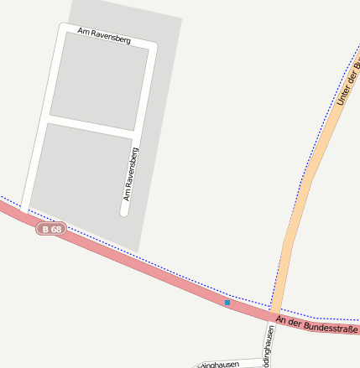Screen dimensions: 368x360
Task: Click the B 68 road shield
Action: pyautogui.click(x=51, y=229)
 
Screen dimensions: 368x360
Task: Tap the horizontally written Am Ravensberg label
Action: pyautogui.click(x=104, y=35)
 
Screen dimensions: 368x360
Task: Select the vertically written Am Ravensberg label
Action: pyautogui.click(x=130, y=174)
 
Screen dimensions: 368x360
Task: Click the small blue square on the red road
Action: pyautogui.click(x=227, y=302)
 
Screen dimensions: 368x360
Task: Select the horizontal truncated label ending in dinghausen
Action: pyautogui.click(x=220, y=365)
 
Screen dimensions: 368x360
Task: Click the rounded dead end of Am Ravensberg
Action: pyautogui.click(x=124, y=212)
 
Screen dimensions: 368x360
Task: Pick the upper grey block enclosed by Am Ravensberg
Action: pyautogui.click(x=100, y=81)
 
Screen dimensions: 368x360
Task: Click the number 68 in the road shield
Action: pyautogui.click(x=56, y=229)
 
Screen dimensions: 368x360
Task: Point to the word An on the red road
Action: pyautogui.click(x=281, y=319)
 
